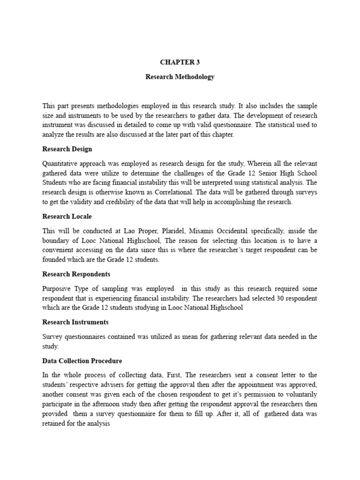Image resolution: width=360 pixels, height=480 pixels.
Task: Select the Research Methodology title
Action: [x=180, y=77]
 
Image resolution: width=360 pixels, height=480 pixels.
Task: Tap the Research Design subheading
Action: [x=67, y=149]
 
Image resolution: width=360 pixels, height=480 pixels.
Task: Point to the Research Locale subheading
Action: [x=67, y=217]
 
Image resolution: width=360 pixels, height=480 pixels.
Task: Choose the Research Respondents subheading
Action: [x=76, y=274]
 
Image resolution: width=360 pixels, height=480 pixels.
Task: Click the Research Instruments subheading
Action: [x=75, y=322]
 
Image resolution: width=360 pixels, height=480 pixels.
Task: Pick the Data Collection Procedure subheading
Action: [x=82, y=361]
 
